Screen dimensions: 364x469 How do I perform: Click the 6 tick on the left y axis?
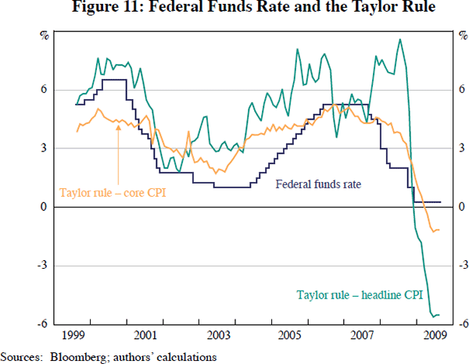point(45,89)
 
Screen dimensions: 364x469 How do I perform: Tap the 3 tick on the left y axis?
point(45,148)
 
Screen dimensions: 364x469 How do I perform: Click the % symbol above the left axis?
point(44,35)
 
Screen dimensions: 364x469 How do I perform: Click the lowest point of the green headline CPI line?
point(435,316)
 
